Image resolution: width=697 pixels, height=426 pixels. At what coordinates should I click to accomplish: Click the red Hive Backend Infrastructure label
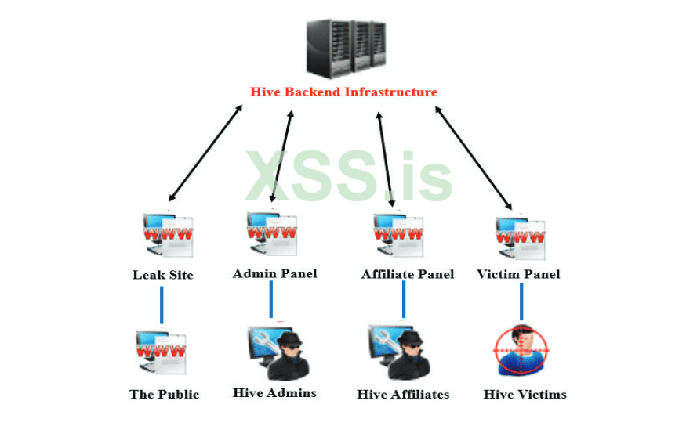pos(343,92)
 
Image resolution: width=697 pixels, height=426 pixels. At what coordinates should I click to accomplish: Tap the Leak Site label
pos(162,275)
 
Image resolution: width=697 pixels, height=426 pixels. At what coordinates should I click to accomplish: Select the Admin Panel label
pos(274,273)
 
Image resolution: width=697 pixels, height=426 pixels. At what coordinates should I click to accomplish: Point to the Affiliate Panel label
pos(407,274)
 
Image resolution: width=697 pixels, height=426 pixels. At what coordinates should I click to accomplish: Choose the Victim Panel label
pos(518,274)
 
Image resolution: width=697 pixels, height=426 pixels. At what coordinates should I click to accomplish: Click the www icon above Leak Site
pos(163,234)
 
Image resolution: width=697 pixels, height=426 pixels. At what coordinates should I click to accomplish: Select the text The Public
pos(164,394)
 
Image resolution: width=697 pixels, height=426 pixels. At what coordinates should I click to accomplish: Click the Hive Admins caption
pos(274,392)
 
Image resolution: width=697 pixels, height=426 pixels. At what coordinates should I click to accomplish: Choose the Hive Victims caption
pos(525,394)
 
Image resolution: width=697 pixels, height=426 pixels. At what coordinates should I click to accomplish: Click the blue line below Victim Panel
pos(521,301)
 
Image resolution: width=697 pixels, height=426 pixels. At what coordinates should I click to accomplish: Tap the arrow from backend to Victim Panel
pos(474,156)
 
